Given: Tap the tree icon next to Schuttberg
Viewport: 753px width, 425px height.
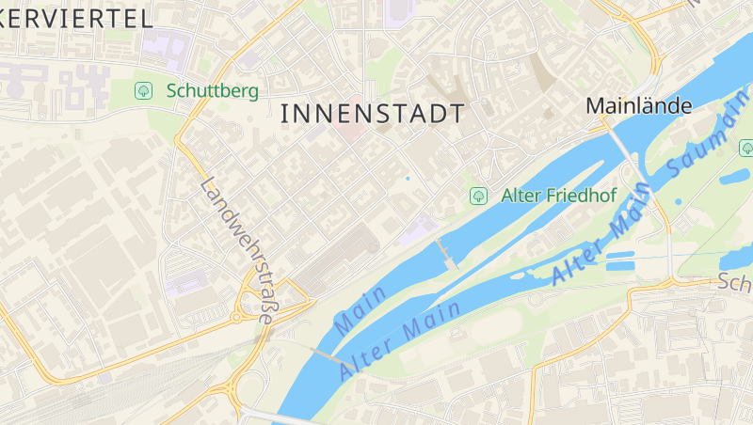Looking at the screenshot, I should pyautogui.click(x=144, y=90).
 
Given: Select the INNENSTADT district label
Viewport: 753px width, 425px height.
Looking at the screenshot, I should pyautogui.click(x=373, y=115).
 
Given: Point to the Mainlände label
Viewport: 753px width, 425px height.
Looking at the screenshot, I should pyautogui.click(x=639, y=106).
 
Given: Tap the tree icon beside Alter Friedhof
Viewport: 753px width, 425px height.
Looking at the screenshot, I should pyautogui.click(x=478, y=196).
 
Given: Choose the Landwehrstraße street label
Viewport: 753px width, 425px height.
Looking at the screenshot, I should pyautogui.click(x=236, y=250).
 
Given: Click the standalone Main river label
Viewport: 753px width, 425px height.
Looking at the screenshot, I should pyautogui.click(x=360, y=309).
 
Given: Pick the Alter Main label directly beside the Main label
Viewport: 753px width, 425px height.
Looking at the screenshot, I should pyautogui.click(x=399, y=339).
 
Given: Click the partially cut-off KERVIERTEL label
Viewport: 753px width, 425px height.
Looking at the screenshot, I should pyautogui.click(x=75, y=17).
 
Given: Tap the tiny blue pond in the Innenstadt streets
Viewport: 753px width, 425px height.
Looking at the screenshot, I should pyautogui.click(x=408, y=177).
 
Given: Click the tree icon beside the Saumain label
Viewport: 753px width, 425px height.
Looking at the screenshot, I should pyautogui.click(x=745, y=147).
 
